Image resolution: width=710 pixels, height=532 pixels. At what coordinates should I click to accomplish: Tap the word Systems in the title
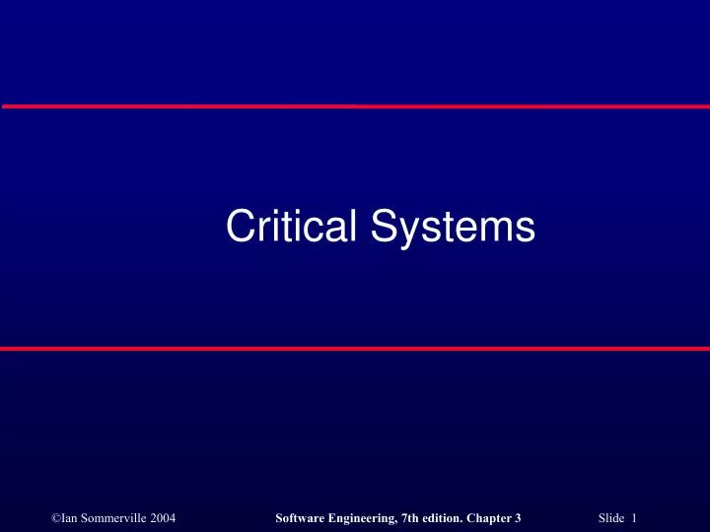[x=454, y=229]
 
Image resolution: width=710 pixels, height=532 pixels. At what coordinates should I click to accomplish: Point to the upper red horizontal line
[x=355, y=105]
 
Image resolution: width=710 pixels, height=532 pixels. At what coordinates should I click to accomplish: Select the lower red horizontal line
[x=355, y=349]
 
